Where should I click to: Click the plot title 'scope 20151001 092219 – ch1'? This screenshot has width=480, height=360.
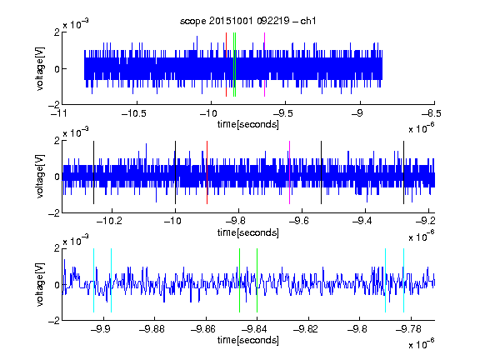[248, 21]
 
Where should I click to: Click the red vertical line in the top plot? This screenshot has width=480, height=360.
[226, 65]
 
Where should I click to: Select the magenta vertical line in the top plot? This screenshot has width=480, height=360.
[264, 65]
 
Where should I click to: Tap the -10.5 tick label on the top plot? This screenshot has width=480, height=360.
[134, 113]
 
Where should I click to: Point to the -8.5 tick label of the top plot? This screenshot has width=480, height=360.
[432, 113]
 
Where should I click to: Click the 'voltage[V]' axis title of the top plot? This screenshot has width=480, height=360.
[40, 68]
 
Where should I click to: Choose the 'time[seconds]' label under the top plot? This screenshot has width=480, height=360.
[248, 124]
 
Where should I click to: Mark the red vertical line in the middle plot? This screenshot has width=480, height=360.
[207, 172]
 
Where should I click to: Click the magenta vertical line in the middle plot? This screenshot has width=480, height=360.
[290, 172]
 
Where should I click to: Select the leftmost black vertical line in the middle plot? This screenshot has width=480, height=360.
[93, 172]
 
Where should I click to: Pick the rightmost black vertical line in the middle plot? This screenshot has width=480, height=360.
[403, 172]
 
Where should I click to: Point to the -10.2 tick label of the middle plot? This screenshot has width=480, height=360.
[109, 221]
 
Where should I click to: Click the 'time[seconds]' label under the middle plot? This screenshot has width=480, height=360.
[248, 232]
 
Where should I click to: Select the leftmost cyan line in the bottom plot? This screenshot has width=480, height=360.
[93, 280]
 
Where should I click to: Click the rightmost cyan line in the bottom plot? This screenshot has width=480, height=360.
[403, 280]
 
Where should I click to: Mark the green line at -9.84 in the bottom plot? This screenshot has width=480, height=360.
[257, 280]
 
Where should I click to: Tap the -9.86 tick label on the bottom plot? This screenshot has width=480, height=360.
[203, 329]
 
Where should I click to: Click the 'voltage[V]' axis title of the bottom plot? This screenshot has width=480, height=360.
[40, 284]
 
